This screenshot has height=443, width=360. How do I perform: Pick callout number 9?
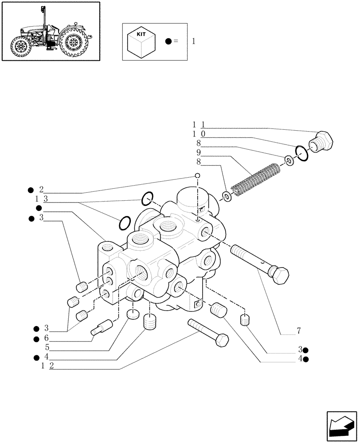click(x=199, y=152)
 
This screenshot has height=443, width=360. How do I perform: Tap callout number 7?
click(x=299, y=330)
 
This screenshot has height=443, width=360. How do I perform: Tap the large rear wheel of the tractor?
click(x=73, y=43)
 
